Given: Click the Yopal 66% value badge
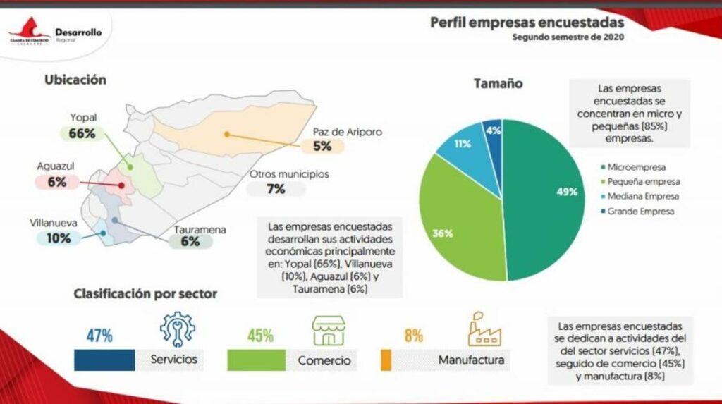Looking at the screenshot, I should tap(82, 133).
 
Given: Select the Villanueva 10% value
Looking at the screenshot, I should tap(59, 238).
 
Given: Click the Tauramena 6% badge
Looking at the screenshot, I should tap(190, 241).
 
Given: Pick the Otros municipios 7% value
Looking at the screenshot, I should tap(276, 189).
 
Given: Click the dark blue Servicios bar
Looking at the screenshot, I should tap(104, 360).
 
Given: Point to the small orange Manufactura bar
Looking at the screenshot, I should tap(385, 360).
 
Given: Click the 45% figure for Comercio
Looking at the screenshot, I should tap(260, 336).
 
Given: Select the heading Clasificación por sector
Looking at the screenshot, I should tap(145, 293).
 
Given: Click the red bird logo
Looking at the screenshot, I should tap(28, 30).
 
